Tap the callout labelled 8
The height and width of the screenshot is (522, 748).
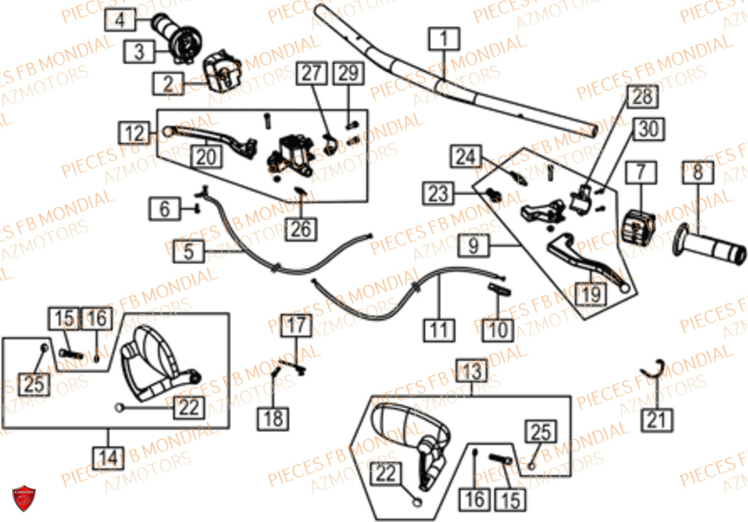tap(697, 173)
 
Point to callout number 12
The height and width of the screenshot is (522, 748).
tap(135, 133)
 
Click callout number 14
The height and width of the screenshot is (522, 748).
tap(109, 455)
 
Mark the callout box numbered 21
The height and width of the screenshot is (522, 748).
tap(656, 420)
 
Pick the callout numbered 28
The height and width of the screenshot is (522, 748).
tap(644, 96)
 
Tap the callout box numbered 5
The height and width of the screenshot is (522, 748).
tap(189, 251)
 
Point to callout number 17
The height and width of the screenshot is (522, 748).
tap(296, 325)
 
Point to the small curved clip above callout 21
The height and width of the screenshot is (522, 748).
tap(655, 367)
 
